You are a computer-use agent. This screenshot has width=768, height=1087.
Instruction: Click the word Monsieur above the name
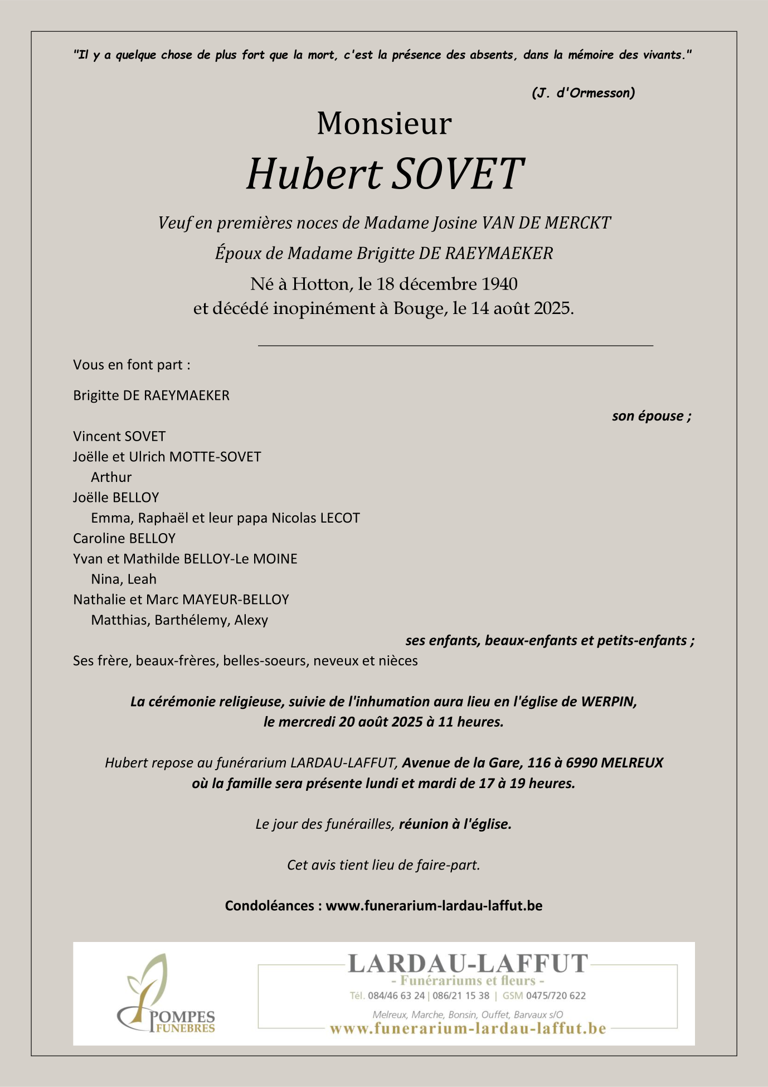click(384, 123)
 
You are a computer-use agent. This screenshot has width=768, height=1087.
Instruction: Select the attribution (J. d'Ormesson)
click(583, 93)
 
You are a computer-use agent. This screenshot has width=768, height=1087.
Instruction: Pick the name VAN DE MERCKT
click(546, 223)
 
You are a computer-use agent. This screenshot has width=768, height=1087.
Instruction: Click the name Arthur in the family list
click(111, 477)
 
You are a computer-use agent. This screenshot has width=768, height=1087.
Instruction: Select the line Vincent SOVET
click(119, 436)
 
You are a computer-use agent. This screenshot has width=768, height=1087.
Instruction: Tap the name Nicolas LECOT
click(315, 518)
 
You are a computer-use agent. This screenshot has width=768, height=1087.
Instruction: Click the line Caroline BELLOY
click(124, 538)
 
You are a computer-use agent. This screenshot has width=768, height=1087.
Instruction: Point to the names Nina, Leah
click(124, 579)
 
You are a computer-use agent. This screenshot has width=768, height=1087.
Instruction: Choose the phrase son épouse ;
click(652, 416)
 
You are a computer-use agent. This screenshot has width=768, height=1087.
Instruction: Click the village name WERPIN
click(608, 702)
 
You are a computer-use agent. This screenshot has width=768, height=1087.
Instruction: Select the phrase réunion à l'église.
click(455, 824)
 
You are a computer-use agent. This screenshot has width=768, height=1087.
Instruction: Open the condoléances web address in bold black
click(434, 905)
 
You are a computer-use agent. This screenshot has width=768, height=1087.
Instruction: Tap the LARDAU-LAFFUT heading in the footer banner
click(468, 964)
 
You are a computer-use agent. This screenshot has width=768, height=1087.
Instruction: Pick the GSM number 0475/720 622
click(556, 996)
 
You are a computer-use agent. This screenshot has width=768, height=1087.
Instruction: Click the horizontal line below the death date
click(455, 346)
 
